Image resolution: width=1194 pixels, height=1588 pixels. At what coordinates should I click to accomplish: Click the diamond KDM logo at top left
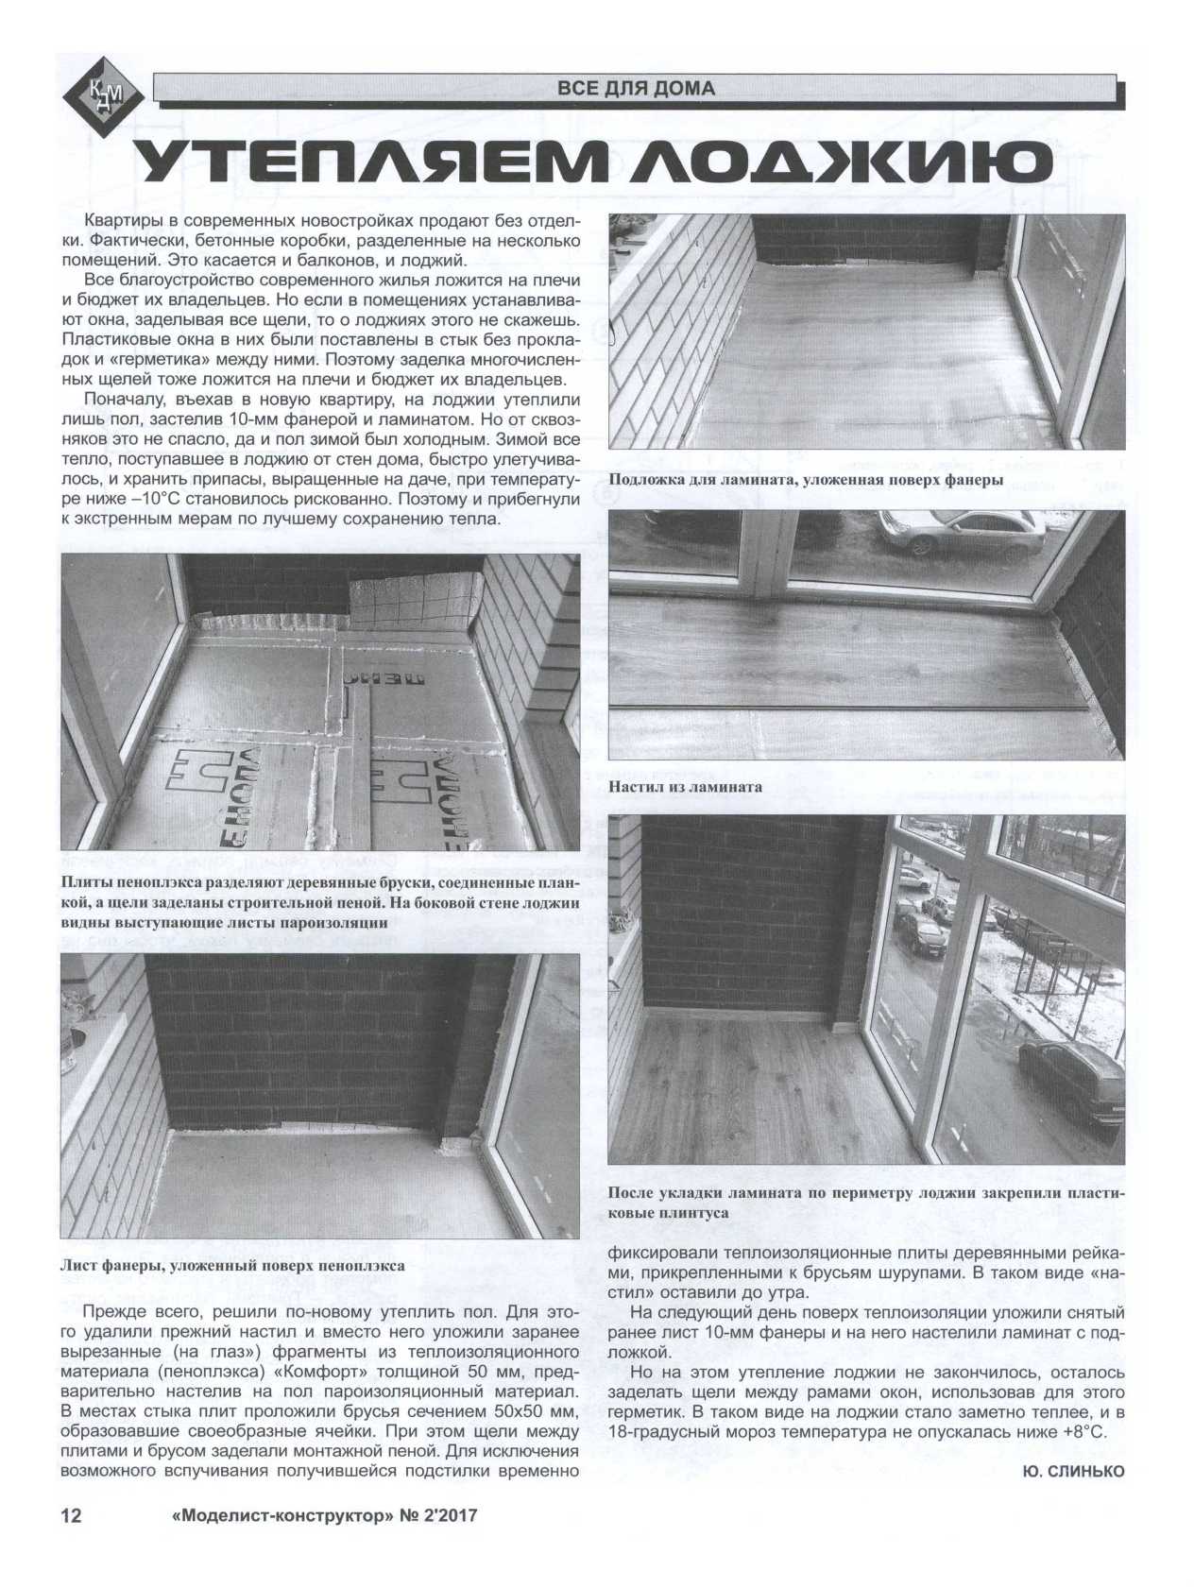[x=102, y=93]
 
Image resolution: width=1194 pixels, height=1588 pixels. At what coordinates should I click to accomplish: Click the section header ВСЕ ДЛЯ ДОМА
[x=636, y=89]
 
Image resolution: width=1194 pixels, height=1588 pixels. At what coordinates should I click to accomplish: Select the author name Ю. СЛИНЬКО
[x=1073, y=1470]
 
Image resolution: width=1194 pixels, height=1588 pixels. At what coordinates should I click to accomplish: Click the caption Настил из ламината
[x=685, y=785]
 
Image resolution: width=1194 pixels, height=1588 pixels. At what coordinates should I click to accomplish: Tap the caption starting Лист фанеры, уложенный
[x=232, y=1266]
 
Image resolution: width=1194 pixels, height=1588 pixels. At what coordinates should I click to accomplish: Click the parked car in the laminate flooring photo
[x=961, y=536]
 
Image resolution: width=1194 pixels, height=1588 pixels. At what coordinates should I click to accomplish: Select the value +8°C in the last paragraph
[x=1083, y=1431]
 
